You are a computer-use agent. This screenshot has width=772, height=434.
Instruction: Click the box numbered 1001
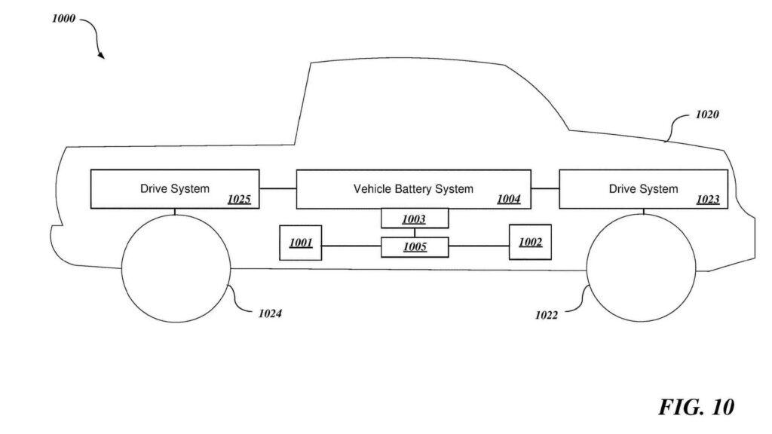pos(300,243)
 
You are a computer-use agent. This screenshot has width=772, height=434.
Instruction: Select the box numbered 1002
pos(530,242)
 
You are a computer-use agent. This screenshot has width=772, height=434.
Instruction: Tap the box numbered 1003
pos(414,219)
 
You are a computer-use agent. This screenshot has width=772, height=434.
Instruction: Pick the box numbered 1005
pos(414,246)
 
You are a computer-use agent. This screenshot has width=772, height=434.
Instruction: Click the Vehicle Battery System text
pos(413,188)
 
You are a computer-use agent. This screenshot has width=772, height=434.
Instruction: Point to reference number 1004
pos(508,200)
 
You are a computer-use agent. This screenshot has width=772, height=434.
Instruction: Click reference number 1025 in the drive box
pos(239,200)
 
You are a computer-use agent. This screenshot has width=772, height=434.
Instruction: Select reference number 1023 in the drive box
pos(708,200)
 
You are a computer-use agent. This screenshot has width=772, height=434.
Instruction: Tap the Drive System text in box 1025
pos(175,188)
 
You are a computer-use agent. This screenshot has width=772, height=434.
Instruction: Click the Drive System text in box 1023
pos(643,188)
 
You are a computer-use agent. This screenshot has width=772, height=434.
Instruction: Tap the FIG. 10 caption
pos(695,408)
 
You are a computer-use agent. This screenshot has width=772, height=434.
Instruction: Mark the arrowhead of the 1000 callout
pos(102,56)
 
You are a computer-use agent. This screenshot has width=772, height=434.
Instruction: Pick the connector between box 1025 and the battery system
pos(277,188)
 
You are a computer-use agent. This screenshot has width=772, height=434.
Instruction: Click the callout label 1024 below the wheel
pos(270,313)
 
